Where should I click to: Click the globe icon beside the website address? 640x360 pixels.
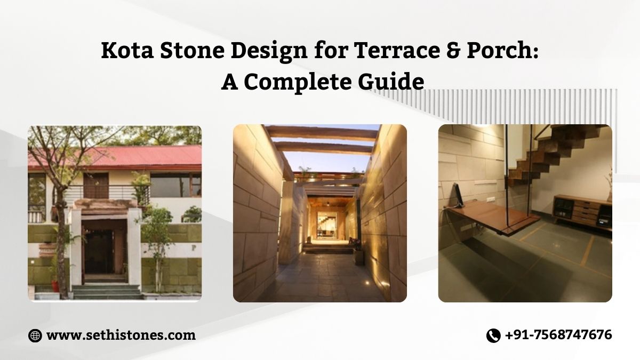pyautogui.click(x=35, y=335)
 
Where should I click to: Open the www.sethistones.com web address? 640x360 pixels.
pyautogui.click(x=121, y=335)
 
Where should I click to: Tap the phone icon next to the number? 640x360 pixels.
pyautogui.click(x=493, y=335)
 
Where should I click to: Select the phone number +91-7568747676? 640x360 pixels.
pyautogui.click(x=558, y=335)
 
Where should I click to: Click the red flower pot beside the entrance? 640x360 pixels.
pyautogui.click(x=55, y=286)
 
